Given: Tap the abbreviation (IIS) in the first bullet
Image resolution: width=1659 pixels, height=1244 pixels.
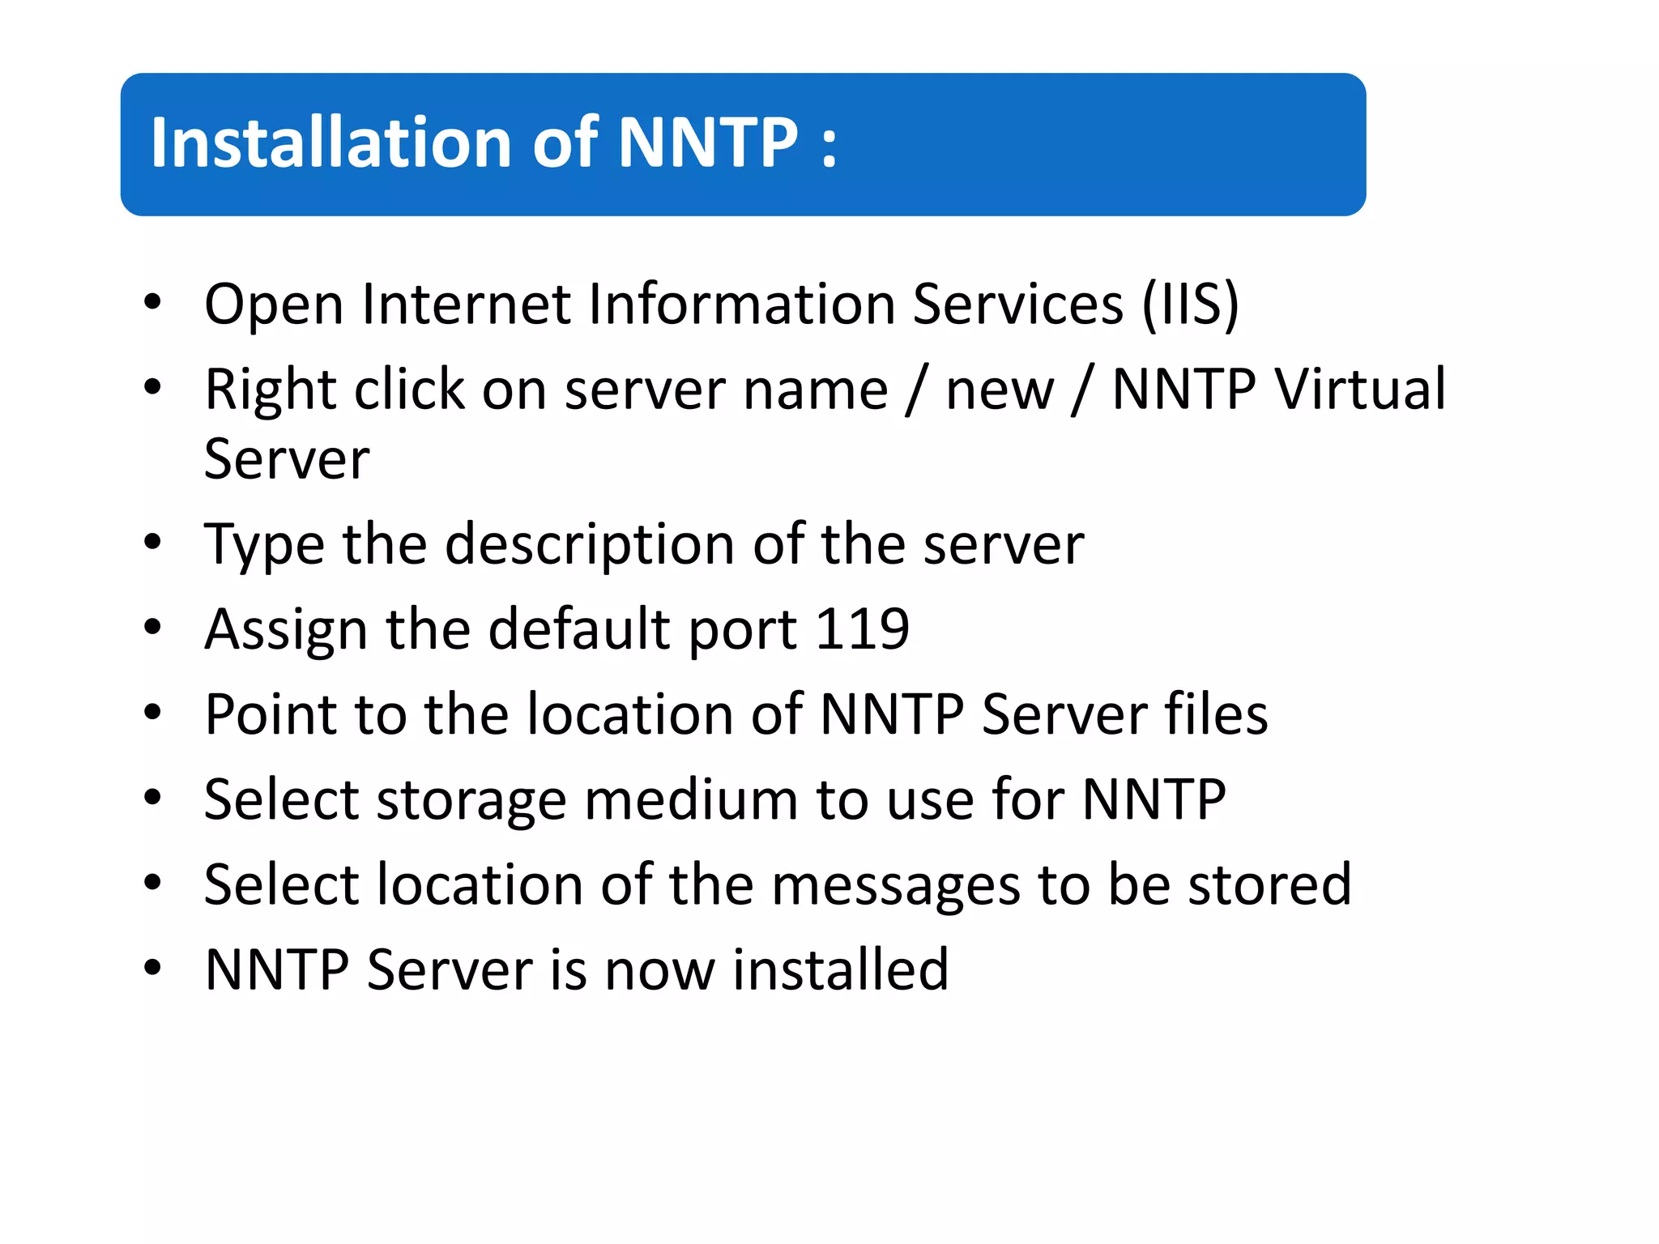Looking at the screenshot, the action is point(1190,304).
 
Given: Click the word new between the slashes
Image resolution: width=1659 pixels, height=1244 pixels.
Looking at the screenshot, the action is point(1000,390).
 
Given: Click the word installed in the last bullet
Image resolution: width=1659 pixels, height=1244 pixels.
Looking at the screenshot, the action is point(840,969).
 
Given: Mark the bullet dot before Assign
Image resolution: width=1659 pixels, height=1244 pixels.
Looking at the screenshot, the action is point(152,627).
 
